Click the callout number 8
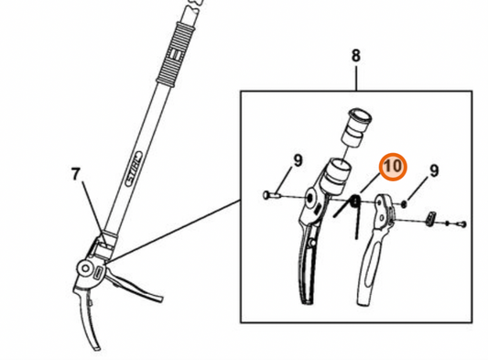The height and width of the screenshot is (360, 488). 356,57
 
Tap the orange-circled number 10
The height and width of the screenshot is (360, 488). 392,167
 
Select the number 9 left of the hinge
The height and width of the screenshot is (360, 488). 297,161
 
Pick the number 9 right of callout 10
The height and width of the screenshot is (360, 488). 434,170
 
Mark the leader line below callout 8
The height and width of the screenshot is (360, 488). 356,79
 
